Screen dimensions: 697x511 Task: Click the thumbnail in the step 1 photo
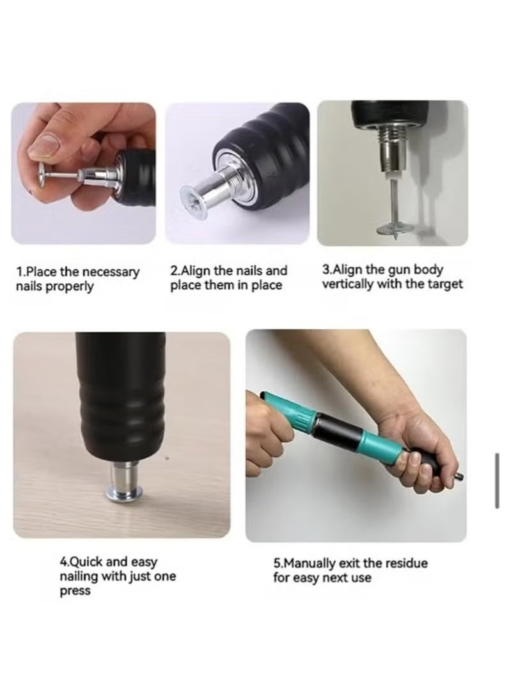click(x=47, y=145)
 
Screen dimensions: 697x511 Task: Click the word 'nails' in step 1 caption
click(x=30, y=286)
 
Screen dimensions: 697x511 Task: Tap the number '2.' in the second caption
click(x=175, y=271)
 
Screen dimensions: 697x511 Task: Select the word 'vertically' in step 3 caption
click(x=347, y=284)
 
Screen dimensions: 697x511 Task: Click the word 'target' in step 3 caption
click(x=445, y=284)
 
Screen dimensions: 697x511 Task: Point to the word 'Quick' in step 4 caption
click(x=86, y=563)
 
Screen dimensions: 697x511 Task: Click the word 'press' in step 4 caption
click(x=75, y=591)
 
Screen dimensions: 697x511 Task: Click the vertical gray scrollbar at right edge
click(x=497, y=481)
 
